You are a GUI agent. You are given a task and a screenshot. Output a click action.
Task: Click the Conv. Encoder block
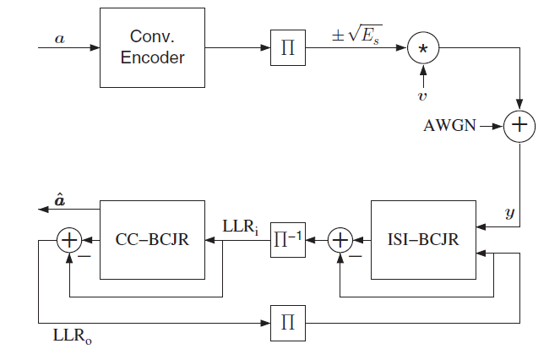click(152, 47)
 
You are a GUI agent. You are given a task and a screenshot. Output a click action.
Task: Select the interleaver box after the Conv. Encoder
click(288, 48)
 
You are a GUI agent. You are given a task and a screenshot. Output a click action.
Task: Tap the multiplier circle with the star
click(423, 48)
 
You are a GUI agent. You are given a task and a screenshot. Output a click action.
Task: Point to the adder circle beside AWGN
click(519, 127)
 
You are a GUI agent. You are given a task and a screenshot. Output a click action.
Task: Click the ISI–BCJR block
click(423, 240)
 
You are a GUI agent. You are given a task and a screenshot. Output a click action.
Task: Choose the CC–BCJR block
click(152, 240)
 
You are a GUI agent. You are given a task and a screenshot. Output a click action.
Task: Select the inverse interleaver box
click(288, 240)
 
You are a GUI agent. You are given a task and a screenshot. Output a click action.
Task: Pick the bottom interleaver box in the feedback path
click(288, 322)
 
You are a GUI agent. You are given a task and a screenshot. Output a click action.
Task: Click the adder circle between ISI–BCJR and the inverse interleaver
click(340, 240)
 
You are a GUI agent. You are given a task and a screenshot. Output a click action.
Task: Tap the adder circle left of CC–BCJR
click(68, 240)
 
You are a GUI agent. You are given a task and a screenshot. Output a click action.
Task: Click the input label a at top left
click(59, 37)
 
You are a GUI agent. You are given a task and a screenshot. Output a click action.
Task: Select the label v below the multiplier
click(422, 95)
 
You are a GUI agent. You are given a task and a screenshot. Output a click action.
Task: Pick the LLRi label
click(241, 226)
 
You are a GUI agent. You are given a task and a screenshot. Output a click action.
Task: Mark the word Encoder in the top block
click(152, 57)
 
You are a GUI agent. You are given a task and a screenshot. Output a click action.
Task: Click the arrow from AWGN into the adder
click(491, 127)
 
